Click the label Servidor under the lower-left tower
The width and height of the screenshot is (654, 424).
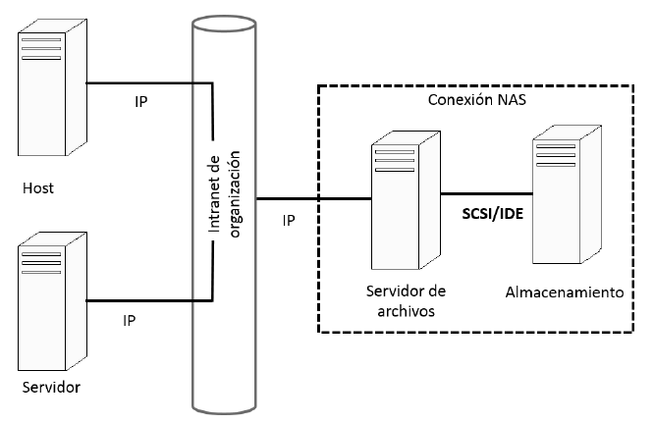point(50,387)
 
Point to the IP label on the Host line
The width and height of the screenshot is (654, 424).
point(141,101)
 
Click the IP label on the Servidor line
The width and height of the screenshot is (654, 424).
point(129,320)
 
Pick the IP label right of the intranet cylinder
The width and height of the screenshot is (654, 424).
point(289,221)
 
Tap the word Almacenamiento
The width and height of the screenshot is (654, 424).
point(564,292)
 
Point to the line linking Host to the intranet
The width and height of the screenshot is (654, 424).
point(147,82)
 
